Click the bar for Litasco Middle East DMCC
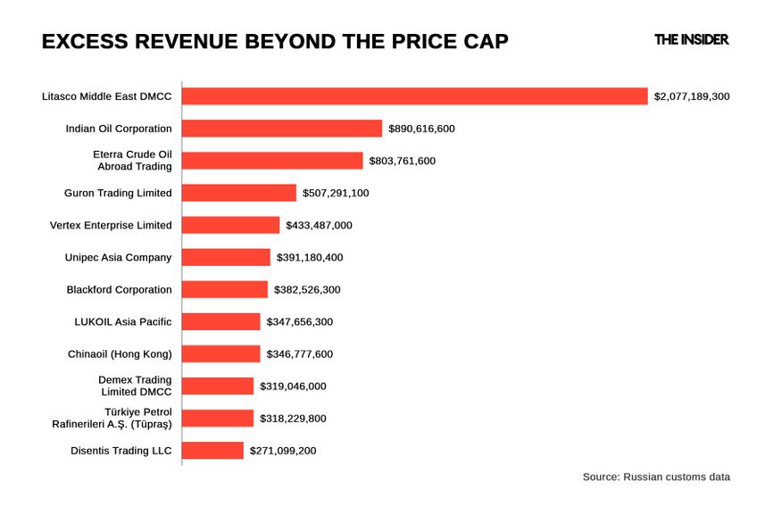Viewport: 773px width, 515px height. coord(414,96)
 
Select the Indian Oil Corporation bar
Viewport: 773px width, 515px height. coord(282,129)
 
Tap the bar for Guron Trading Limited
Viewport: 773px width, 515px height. coord(239,193)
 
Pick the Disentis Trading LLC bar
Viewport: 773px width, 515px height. coord(212,451)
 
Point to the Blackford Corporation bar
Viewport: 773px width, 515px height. coord(225,289)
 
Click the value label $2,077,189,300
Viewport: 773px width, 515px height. coord(692,96)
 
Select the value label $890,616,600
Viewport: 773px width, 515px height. coord(421,129)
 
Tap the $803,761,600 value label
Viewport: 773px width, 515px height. coord(403,161)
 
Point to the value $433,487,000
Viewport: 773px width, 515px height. coord(319,225)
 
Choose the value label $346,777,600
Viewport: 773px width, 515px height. coord(300,354)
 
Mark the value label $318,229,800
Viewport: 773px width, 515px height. coord(293,419)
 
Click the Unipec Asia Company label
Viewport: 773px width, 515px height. coord(118,257)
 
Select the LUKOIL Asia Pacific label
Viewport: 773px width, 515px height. coord(123,321)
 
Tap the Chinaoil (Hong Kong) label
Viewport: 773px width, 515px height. coord(120,354)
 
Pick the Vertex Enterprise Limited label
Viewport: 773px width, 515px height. coord(111,225)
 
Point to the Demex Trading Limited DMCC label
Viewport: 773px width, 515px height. coord(135,386)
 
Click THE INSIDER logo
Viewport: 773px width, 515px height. coord(691,39)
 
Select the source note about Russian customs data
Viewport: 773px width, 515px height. coord(656,478)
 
